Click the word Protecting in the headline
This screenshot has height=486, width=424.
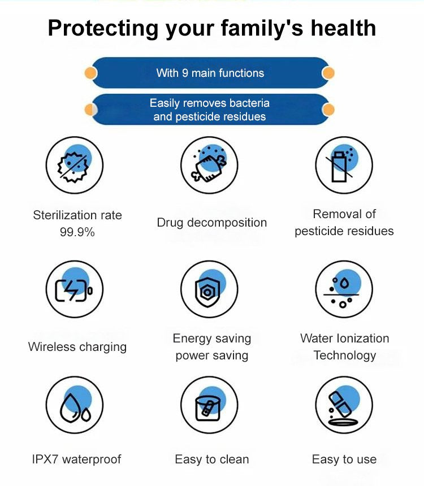tap(103, 28)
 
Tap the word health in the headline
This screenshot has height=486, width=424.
tap(343, 28)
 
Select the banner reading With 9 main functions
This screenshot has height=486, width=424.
tap(210, 73)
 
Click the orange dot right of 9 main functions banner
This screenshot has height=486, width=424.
tap(328, 73)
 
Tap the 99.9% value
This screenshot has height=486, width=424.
tap(77, 232)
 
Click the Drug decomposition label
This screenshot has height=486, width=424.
tap(212, 223)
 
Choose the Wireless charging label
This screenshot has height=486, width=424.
tap(77, 347)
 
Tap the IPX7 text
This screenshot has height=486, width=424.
tap(45, 459)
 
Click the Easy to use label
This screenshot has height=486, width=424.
tap(344, 459)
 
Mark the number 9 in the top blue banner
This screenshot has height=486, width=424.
tap(185, 73)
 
